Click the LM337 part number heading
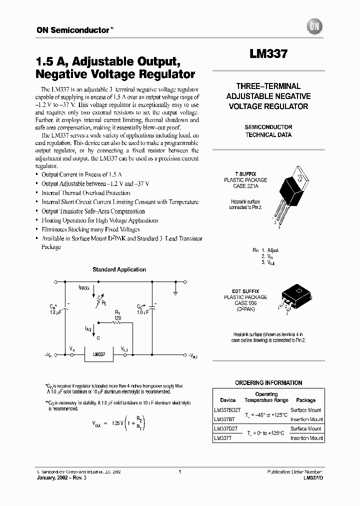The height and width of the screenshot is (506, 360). [268, 54]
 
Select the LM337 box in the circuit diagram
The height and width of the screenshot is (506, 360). [99, 354]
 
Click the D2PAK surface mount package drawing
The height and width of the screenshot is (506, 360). [294, 299]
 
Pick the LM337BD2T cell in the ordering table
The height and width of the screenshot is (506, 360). [225, 410]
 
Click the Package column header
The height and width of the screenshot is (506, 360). [305, 400]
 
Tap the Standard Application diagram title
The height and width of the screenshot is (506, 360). [119, 269]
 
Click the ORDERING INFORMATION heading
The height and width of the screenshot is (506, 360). [268, 383]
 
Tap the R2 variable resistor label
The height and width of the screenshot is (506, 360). [103, 302]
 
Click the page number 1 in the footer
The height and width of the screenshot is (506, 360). [179, 471]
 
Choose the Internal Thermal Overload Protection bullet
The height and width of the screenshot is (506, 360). [86, 192]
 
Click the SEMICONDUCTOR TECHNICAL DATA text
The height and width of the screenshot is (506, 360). [268, 131]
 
